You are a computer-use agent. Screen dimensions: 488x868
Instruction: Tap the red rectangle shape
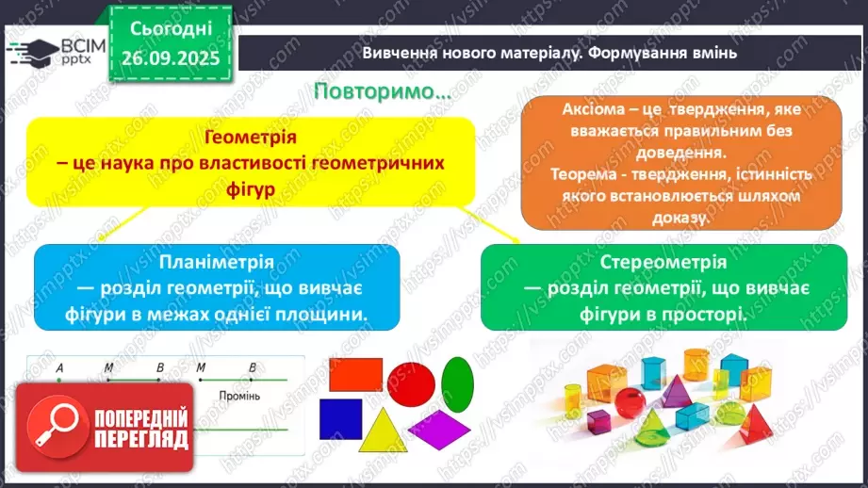click(355, 375)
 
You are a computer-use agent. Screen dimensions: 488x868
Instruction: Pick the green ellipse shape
click(457, 382)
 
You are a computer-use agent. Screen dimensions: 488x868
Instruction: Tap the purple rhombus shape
click(439, 427)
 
